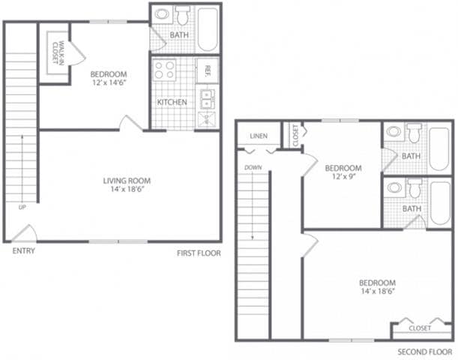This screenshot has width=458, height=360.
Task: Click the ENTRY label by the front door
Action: coord(23,250)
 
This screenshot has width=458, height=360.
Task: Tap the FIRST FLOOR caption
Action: coord(199,253)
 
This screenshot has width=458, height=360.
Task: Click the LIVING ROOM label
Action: coord(127,181)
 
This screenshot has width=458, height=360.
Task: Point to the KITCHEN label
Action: coord(171,102)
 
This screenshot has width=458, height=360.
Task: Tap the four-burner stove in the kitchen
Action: coord(165,70)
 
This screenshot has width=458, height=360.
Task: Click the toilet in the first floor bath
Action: coord(183,15)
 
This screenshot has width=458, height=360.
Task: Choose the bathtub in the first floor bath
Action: coord(207,28)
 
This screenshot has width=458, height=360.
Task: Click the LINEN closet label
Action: coord(258,136)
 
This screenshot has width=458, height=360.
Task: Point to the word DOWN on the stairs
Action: coord(253,167)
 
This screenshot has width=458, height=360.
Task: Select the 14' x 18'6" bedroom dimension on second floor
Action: coord(377,291)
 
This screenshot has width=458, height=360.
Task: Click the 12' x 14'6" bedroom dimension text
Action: coord(109,83)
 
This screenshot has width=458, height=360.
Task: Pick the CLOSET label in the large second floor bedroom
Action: coord(419,328)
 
